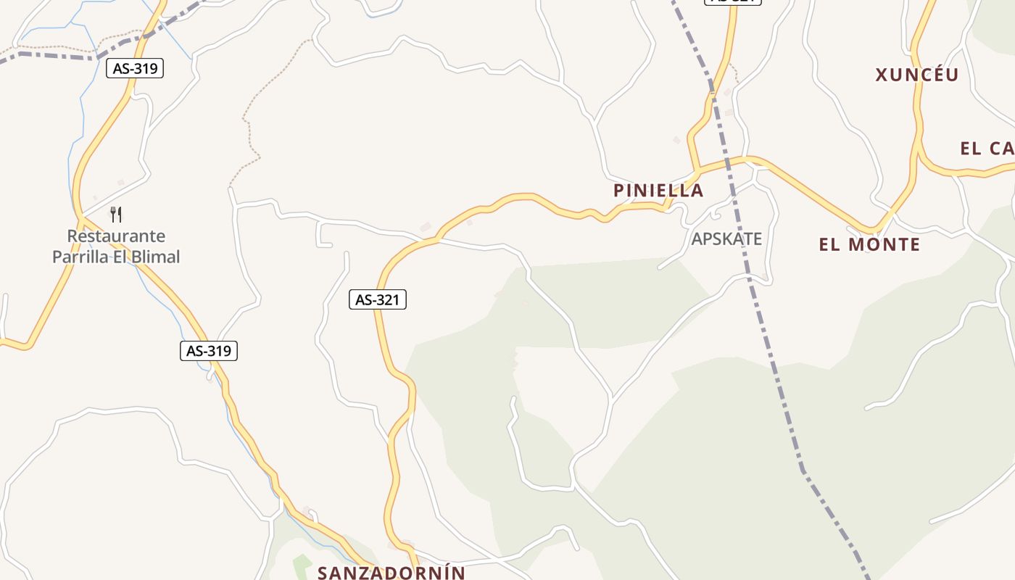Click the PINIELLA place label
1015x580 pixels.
(x=658, y=191)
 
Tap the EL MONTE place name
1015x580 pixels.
(x=869, y=244)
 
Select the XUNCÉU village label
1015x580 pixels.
(x=917, y=75)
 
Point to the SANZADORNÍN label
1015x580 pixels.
(x=391, y=572)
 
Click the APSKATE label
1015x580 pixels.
(x=726, y=239)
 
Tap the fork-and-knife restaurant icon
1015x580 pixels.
(x=116, y=214)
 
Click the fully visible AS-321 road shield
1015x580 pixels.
(x=378, y=299)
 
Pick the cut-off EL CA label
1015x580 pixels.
(x=987, y=149)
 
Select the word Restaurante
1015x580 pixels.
(x=116, y=236)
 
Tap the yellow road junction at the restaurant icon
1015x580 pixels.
(x=81, y=217)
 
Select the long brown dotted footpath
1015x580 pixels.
(x=250, y=123)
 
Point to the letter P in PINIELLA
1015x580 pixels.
(x=618, y=191)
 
